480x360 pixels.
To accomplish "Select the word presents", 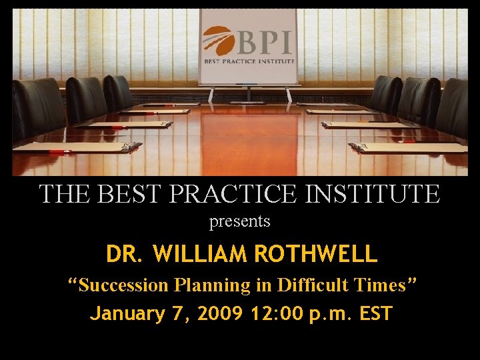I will point(240,221).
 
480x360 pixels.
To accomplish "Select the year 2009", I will point(219,313).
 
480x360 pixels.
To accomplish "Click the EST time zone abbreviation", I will point(375,313).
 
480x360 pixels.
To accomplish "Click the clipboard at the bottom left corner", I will point(77,147).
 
